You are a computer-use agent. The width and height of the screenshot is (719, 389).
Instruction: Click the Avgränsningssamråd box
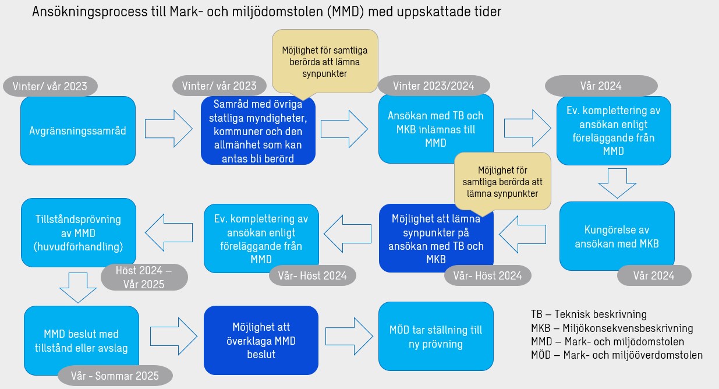pyautogui.click(x=77, y=131)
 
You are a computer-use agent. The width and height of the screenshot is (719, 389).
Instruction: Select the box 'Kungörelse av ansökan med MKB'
pyautogui.click(x=617, y=236)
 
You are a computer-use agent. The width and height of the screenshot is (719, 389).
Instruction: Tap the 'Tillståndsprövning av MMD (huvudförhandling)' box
pyautogui.click(x=78, y=233)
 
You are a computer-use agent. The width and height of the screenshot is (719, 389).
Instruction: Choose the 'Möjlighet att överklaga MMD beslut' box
pyautogui.click(x=261, y=340)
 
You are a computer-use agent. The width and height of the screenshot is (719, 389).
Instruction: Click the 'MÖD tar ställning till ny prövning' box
pyautogui.click(x=435, y=337)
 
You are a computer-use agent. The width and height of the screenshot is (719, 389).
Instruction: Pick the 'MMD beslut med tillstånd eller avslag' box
pyautogui.click(x=81, y=341)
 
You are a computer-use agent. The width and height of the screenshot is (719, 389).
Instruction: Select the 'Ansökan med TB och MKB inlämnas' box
pyautogui.click(x=435, y=129)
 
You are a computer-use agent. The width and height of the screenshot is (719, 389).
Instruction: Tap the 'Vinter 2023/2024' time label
pyautogui.click(x=434, y=86)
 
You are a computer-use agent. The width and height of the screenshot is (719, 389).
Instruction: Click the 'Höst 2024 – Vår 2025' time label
pyautogui.click(x=144, y=277)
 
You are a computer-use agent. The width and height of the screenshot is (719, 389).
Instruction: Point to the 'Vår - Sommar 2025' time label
pyautogui.click(x=116, y=376)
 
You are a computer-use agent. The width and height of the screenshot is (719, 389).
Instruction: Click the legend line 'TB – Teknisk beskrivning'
pyautogui.click(x=589, y=314)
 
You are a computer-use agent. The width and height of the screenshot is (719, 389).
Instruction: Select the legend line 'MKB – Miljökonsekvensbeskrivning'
pyautogui.click(x=612, y=328)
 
